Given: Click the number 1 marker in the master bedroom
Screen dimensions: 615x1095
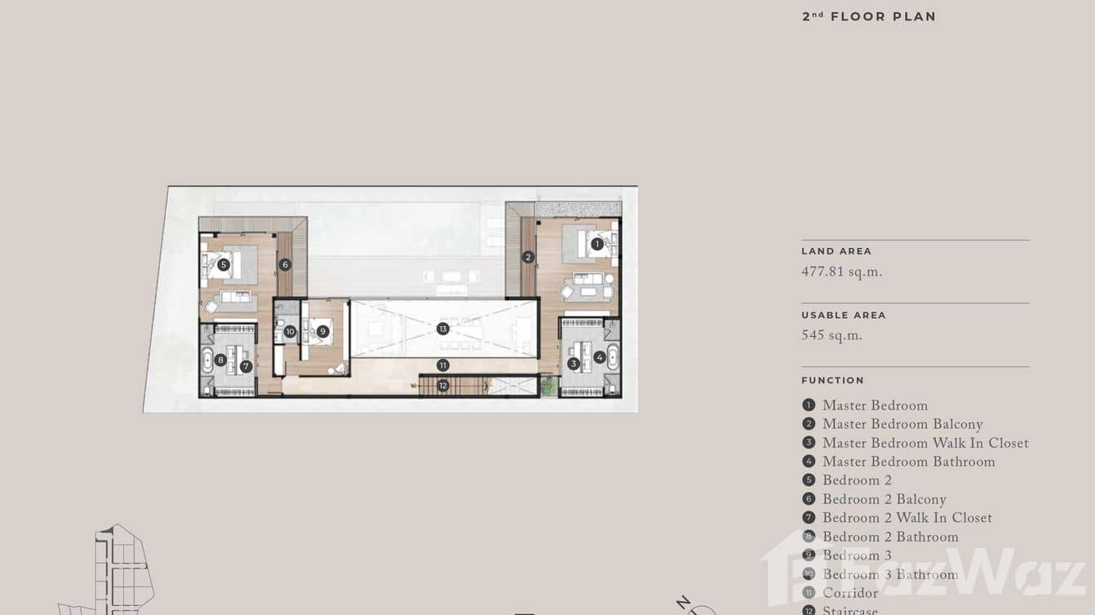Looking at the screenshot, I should (x=597, y=244).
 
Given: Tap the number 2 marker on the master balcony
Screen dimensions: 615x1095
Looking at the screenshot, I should (x=528, y=257).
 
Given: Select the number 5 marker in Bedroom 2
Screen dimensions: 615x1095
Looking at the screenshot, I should (x=224, y=264).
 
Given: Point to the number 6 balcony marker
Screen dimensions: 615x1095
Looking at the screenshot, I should (x=285, y=264).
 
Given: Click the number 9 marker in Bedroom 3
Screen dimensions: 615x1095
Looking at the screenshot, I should (x=323, y=331).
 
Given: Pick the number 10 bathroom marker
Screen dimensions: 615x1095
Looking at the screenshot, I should (x=290, y=331).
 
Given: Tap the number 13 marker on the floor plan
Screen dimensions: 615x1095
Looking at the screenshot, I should (x=442, y=329).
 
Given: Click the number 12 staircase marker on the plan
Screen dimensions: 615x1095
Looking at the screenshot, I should (x=442, y=385).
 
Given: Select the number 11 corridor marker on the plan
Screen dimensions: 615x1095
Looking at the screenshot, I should (x=442, y=365).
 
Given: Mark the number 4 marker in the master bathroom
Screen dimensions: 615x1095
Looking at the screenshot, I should (x=600, y=357).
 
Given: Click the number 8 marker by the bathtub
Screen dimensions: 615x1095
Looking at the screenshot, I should (x=220, y=360).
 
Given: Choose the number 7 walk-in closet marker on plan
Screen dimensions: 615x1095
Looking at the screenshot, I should (x=246, y=366).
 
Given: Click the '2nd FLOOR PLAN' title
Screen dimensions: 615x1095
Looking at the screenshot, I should (x=869, y=16).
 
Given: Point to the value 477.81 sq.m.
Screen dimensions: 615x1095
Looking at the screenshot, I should (x=841, y=272).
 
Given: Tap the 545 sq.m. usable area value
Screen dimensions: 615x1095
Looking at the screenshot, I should (x=831, y=336).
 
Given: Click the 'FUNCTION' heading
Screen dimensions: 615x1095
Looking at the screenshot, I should (x=832, y=380).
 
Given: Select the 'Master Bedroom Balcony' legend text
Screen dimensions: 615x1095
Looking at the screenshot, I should (x=902, y=424).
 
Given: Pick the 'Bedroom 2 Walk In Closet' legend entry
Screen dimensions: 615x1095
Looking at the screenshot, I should (x=907, y=518).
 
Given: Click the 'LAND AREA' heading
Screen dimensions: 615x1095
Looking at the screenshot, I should (x=836, y=251).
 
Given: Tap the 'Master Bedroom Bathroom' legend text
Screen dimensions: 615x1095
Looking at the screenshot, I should (x=908, y=462).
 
